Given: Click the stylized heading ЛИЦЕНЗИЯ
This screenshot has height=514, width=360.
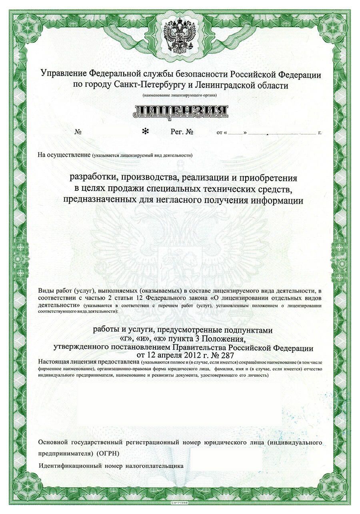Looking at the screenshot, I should pos(180,112).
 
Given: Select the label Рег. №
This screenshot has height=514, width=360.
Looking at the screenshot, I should pos(182,132).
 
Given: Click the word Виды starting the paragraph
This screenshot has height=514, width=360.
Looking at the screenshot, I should pos(46,290).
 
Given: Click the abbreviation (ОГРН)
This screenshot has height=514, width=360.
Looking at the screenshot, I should pos(108,454).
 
